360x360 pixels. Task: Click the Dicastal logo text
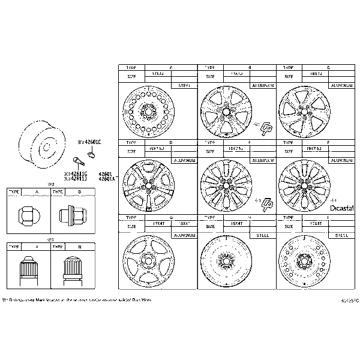343,208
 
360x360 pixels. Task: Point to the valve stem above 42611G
76,161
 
